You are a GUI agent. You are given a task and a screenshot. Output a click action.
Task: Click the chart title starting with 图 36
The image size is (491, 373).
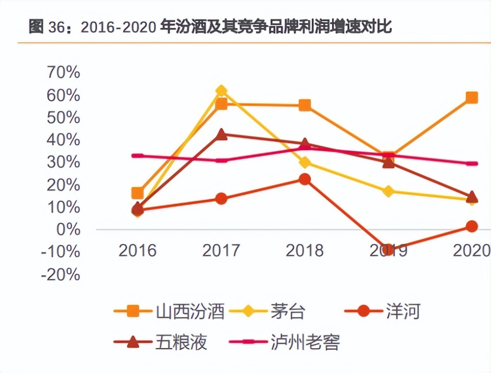point(210,28)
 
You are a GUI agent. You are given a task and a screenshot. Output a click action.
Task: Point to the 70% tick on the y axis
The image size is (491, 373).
point(63,73)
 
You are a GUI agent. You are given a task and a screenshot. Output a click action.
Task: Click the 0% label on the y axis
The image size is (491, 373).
point(68,230)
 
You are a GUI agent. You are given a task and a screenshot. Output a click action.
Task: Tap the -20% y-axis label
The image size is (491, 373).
point(60,274)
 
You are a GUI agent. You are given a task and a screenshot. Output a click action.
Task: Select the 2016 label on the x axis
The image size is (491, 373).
point(137,251)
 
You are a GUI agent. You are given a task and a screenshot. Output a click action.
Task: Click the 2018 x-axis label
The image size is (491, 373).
point(304,251)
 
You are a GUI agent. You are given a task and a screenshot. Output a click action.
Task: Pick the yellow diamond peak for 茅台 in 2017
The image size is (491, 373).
point(221,91)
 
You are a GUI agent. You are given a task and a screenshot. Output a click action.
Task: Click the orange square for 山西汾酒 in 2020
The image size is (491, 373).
point(472,97)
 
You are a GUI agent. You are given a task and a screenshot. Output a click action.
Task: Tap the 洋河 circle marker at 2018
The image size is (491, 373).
point(305,179)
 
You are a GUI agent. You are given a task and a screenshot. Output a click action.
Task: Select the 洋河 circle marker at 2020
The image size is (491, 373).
point(472,226)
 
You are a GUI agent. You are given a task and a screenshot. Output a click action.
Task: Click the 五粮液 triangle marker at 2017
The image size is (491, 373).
point(221,134)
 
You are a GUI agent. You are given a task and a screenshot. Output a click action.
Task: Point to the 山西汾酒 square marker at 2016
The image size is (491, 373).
point(138,193)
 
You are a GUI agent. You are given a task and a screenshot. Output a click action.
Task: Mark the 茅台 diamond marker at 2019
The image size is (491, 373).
point(388,191)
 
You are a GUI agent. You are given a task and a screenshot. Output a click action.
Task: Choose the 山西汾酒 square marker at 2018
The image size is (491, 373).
point(305,105)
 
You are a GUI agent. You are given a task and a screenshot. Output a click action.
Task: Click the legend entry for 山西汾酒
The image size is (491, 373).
point(169,311)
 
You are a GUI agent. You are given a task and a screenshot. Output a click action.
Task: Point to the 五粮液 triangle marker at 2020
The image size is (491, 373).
point(472,197)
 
